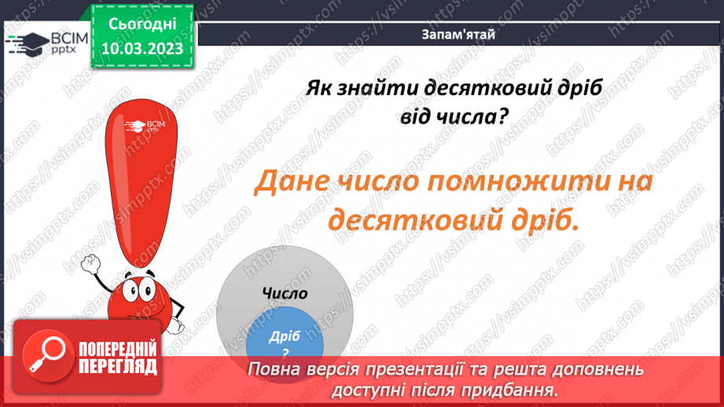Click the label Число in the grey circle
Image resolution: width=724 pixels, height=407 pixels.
click(285, 293)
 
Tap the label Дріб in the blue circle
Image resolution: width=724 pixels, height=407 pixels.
click(285, 335)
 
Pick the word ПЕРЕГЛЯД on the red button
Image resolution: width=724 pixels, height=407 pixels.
click(118, 365)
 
